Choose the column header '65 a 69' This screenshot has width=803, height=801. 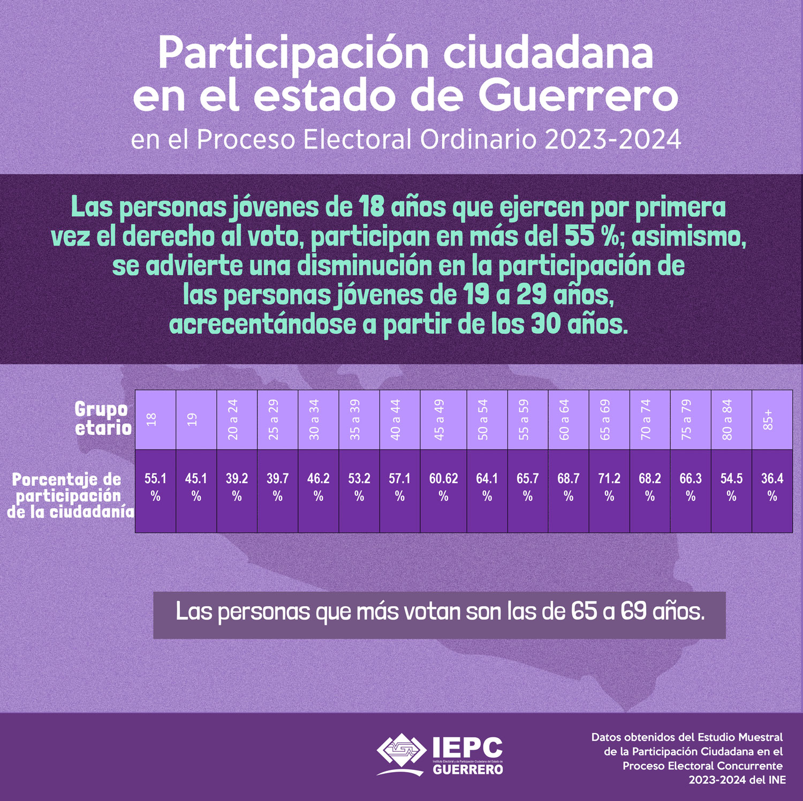click(609, 420)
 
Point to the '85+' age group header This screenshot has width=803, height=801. click(772, 420)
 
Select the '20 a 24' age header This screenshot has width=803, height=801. click(237, 420)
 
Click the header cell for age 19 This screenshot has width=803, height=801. click(196, 420)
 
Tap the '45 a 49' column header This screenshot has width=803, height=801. click(443, 420)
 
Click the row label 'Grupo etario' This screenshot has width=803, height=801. click(102, 418)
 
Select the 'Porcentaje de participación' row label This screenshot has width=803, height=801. click(70, 495)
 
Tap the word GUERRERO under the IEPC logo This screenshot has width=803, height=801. click(468, 769)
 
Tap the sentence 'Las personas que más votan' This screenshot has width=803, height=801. click(439, 612)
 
